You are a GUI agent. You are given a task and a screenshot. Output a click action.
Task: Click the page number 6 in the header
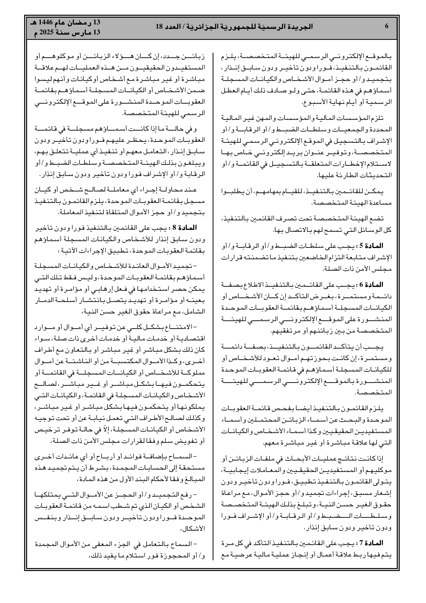pyautogui.click(x=386, y=26)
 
